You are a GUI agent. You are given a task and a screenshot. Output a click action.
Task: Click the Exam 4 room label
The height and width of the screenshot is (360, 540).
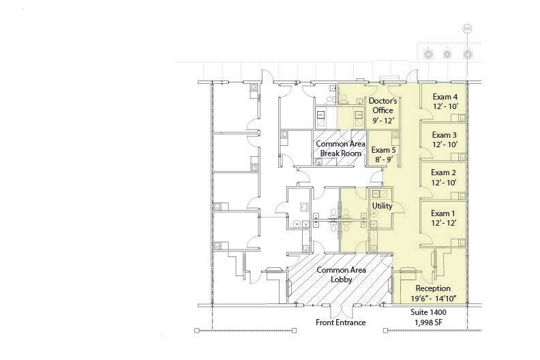(x=445, y=97)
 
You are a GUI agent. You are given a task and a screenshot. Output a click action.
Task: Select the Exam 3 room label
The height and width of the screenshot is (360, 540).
(x=445, y=135)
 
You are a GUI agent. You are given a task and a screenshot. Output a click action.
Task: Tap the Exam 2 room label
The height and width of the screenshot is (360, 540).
(x=445, y=173)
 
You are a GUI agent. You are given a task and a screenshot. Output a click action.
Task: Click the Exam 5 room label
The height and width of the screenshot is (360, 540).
(x=383, y=150)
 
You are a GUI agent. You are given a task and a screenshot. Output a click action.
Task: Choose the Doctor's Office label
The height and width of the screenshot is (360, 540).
(x=383, y=105)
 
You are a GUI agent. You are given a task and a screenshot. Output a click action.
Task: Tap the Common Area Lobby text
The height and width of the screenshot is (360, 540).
(x=340, y=275)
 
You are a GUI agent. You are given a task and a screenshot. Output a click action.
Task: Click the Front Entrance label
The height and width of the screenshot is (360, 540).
(x=341, y=322)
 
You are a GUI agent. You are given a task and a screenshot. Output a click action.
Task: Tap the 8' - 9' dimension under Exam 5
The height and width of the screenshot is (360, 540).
(x=383, y=159)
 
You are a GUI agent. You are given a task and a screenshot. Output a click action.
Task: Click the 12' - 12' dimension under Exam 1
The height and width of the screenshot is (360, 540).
(x=445, y=223)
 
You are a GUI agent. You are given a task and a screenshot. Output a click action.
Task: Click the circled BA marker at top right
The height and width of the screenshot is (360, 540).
(x=468, y=29)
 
